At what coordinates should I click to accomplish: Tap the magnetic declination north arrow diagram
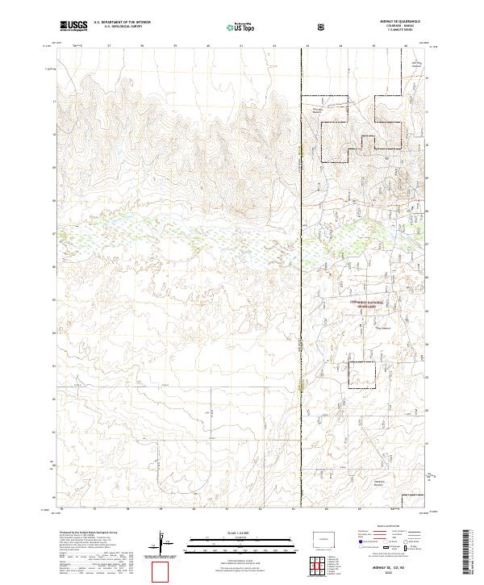162,542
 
